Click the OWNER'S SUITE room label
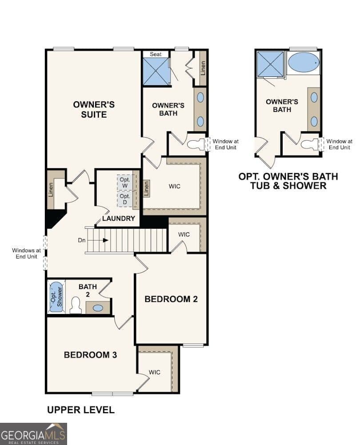coord(94,109)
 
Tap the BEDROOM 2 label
coord(171,299)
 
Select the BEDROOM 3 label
coord(90,355)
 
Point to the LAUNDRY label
coord(118,219)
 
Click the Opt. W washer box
coord(125,182)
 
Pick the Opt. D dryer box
coord(125,199)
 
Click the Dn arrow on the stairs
coord(105,240)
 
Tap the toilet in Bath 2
coord(76,306)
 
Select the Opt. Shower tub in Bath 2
coord(56,297)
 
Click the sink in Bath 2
coord(98,307)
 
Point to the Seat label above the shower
coord(155,54)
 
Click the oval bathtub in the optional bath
coord(304,62)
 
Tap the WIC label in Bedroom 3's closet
coord(154,372)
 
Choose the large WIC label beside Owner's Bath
coord(175,186)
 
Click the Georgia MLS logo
coord(33,433)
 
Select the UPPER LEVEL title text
coord(80,410)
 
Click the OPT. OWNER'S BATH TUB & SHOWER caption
coord(288,181)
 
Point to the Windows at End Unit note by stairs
coord(26,254)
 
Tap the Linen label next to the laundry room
coord(146,188)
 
